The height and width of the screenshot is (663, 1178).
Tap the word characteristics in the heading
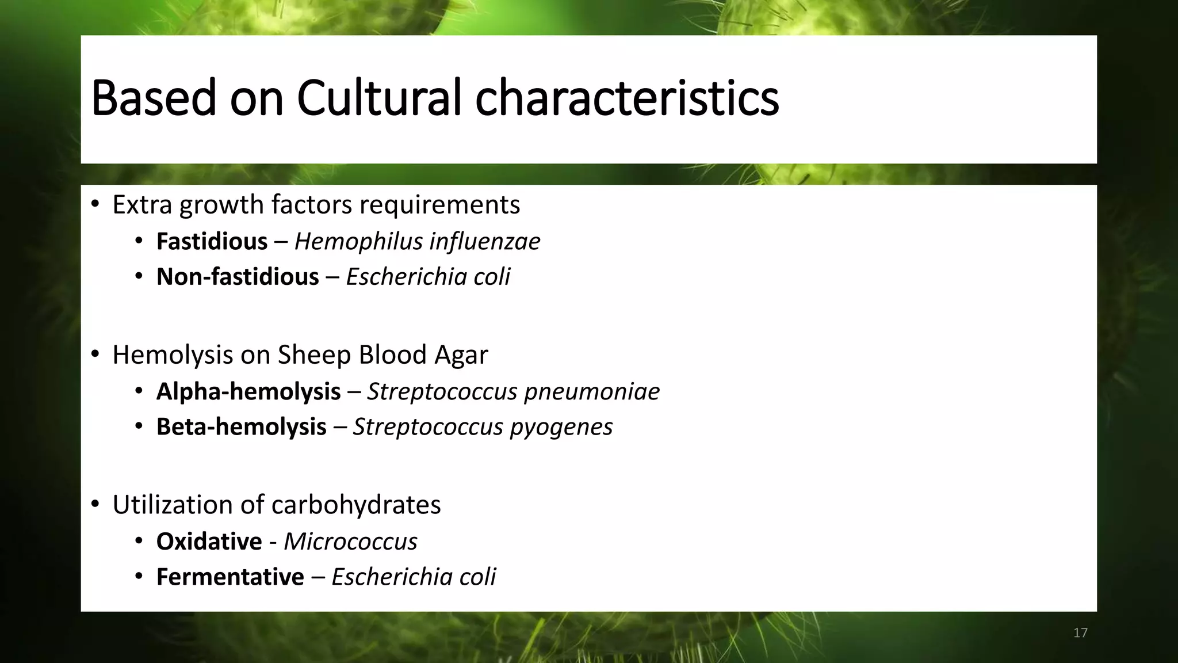pyautogui.click(x=626, y=98)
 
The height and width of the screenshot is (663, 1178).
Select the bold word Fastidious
pyautogui.click(x=212, y=241)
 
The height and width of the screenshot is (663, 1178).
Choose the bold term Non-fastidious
pyautogui.click(x=238, y=277)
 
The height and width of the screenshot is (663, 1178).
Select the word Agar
pyautogui.click(x=461, y=355)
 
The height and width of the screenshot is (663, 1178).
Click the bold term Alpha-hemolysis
pyautogui.click(x=248, y=391)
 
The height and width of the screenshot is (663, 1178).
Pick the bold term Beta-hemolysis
pyautogui.click(x=242, y=427)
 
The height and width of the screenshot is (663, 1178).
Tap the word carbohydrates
pyautogui.click(x=356, y=505)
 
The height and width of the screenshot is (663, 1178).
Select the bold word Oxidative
pyautogui.click(x=209, y=542)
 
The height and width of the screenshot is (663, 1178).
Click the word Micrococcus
pyautogui.click(x=350, y=542)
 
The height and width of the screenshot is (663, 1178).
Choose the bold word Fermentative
pyautogui.click(x=230, y=577)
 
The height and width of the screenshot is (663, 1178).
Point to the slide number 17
pyautogui.click(x=1080, y=633)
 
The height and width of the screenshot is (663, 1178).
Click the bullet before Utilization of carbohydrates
pyautogui.click(x=95, y=505)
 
